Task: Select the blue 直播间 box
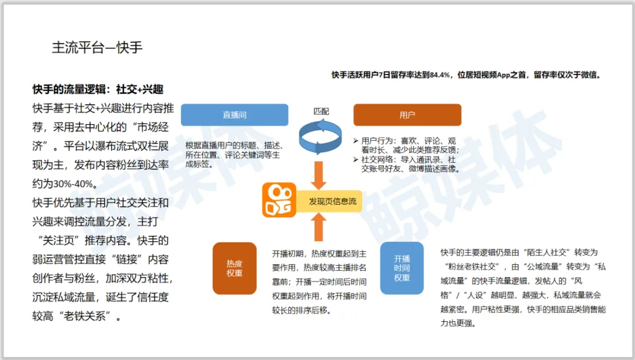[x=234, y=115]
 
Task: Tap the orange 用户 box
[x=407, y=115]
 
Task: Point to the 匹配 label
[x=321, y=111]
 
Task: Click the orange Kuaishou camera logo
[x=279, y=201]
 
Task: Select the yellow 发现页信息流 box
[x=332, y=201]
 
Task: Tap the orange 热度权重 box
[x=234, y=268]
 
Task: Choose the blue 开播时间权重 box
[x=402, y=268]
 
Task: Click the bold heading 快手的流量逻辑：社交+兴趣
[x=98, y=90]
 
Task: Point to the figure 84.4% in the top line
[x=440, y=75]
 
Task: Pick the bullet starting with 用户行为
[x=409, y=145]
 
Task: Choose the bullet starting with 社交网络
[x=409, y=164]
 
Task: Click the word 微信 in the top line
[x=589, y=75]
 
